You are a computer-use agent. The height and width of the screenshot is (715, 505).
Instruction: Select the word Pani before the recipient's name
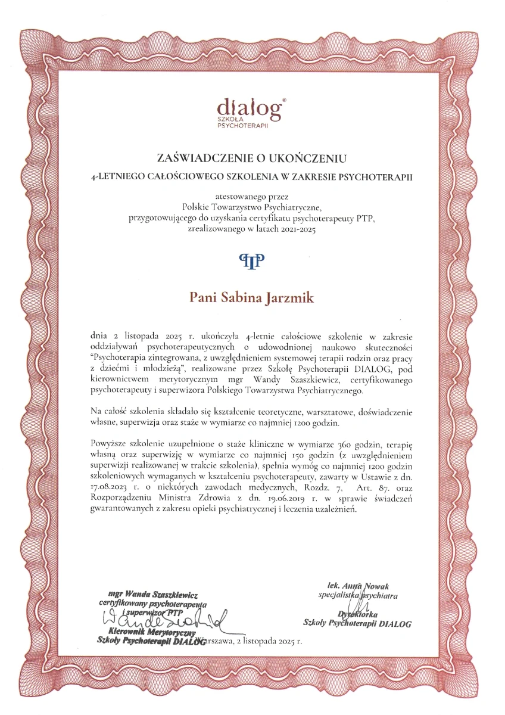(x=202, y=297)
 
